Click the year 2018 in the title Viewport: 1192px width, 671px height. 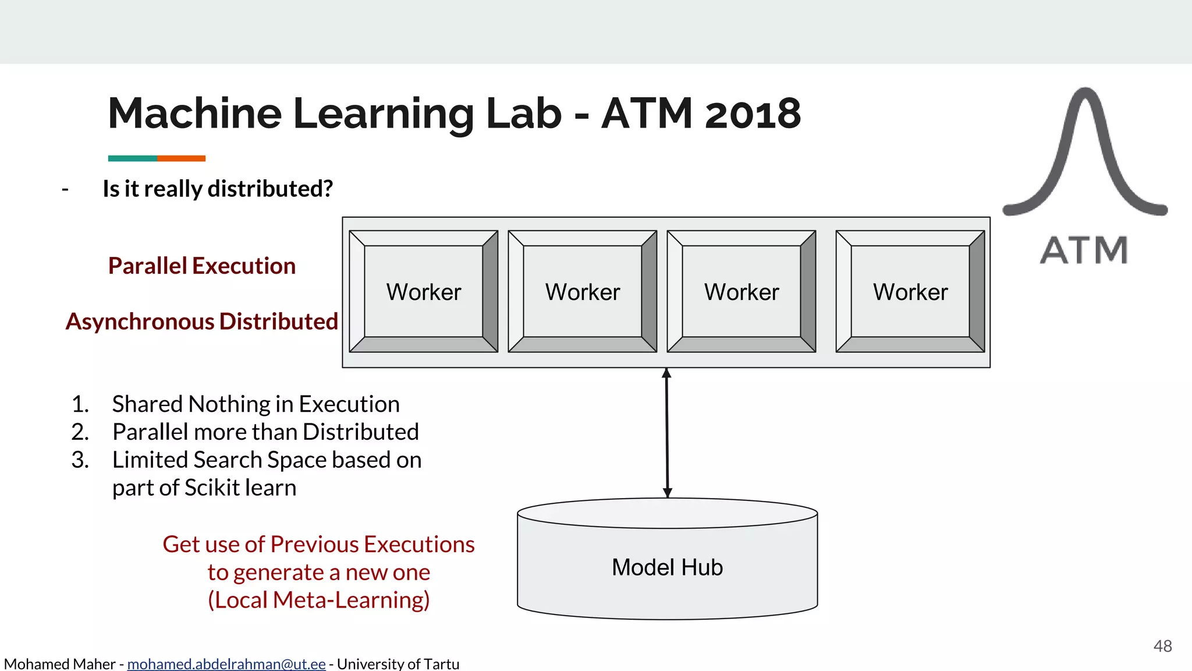pos(753,114)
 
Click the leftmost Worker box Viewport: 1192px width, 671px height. pos(424,292)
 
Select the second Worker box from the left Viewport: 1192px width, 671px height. pos(583,292)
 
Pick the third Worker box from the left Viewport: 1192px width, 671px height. pos(742,292)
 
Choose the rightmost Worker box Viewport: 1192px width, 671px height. pos(910,292)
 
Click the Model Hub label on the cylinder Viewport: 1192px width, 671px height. pos(667,567)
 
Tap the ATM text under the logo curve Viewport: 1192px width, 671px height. pos(1084,250)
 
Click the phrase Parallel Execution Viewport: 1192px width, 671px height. pos(202,266)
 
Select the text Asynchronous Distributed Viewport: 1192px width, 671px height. pos(202,322)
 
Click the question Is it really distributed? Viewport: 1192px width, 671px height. pos(218,189)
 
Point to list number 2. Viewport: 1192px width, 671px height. pos(80,432)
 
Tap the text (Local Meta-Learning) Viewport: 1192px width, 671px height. pos(318,600)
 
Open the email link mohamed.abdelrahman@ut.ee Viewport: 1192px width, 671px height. pos(226,663)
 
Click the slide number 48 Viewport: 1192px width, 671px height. pos(1162,646)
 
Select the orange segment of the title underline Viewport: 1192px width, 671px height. pos(181,158)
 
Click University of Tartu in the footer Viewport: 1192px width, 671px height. pos(398,663)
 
